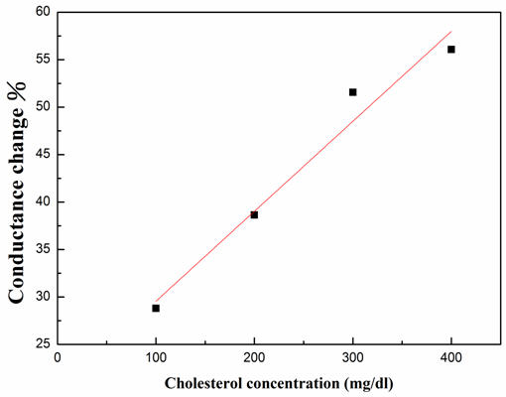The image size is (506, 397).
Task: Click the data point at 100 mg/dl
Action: click(156, 308)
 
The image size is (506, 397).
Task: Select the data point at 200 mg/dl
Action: click(254, 214)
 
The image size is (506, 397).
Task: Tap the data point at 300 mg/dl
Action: click(352, 92)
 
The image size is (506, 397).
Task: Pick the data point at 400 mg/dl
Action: click(451, 50)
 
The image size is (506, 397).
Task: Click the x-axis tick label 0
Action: click(58, 356)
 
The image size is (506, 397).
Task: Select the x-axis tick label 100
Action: click(156, 356)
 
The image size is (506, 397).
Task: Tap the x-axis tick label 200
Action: click(254, 356)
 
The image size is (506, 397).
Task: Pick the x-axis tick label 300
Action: click(352, 356)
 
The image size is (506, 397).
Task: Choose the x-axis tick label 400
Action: click(451, 356)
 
